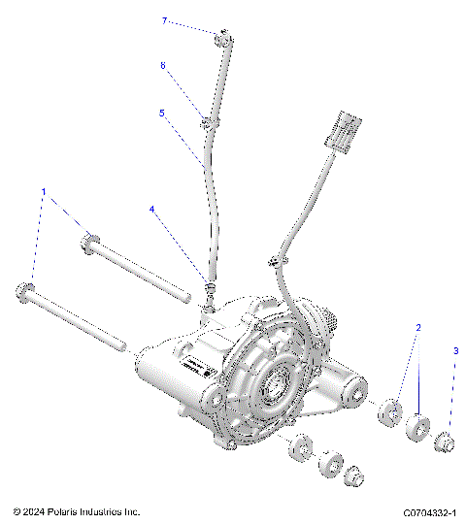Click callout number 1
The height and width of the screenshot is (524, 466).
pos(42,191)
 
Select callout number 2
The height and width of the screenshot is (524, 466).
pos(418,327)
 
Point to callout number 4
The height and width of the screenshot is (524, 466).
pos(151,209)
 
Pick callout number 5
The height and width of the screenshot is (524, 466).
pos(162,113)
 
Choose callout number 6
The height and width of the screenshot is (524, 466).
pos(163,65)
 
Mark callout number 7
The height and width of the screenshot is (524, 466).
pos(164,19)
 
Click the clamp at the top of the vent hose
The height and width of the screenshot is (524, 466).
pos(222,39)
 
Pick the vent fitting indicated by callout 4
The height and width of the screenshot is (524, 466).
pos(207,293)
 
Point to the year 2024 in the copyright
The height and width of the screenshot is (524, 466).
pos(37,511)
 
